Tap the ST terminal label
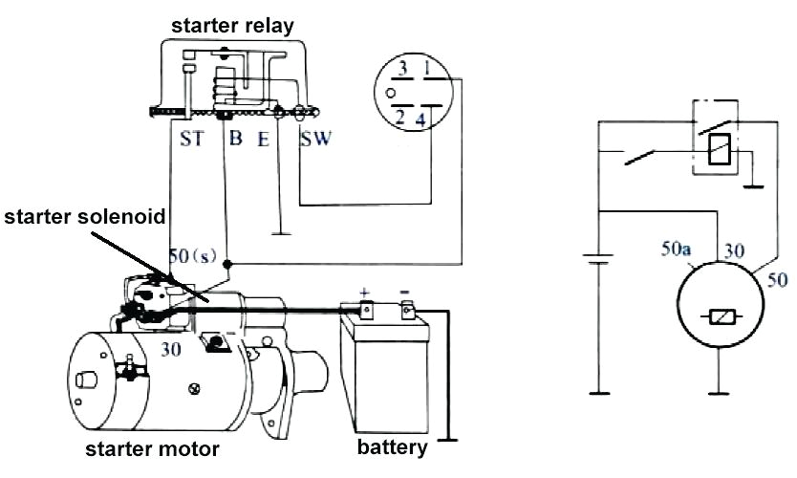191,140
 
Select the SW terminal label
315,140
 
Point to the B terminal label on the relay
235,140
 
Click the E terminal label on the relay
263,140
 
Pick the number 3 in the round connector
403,69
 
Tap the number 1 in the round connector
427,69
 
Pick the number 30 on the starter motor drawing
172,350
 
